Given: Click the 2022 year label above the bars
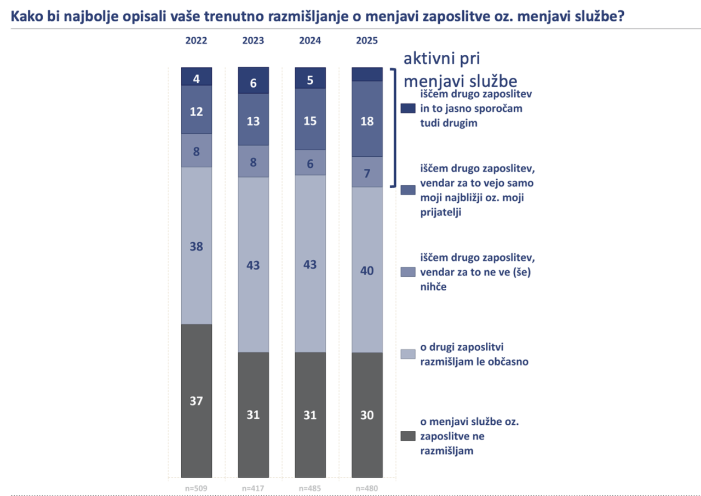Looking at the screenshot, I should [196, 41].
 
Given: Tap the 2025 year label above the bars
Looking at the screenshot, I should [366, 41].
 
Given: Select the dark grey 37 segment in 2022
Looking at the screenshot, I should [196, 401].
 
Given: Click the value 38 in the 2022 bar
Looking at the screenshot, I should [196, 247].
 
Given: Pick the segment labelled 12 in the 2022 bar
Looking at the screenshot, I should [196, 111].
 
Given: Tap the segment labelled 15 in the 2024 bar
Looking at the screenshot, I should [310, 121].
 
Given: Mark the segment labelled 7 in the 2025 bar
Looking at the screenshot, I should [366, 173].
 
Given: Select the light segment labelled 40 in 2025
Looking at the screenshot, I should [366, 270].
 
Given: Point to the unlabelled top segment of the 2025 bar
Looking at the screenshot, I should [366, 74].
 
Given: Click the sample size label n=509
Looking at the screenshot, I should [196, 488].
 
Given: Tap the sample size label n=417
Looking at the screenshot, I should [253, 488].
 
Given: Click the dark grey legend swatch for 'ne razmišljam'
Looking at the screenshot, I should [408, 436].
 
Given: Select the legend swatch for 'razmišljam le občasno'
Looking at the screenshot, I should [408, 354].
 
